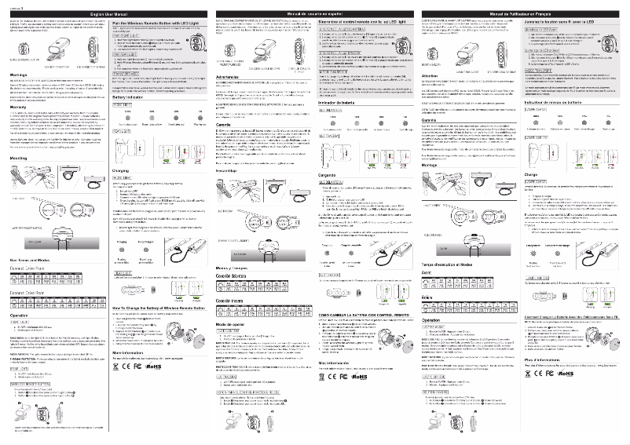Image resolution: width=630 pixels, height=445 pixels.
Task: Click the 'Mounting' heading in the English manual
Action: pos(21,158)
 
